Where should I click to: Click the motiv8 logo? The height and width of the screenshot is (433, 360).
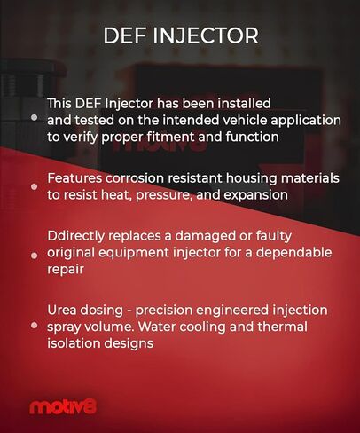63,407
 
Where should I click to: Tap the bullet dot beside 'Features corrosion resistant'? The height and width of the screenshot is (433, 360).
34,187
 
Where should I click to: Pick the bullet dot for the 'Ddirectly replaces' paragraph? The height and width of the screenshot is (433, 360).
34,254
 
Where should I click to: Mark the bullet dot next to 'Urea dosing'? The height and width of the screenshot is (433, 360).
34,327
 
